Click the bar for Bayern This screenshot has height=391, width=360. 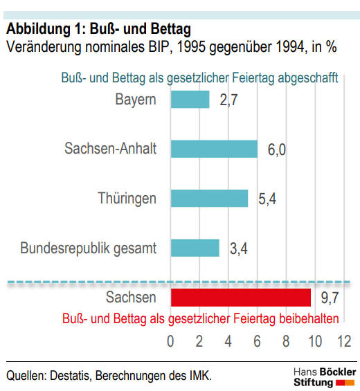(x=190, y=99)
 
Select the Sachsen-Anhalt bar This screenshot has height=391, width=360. (x=215, y=149)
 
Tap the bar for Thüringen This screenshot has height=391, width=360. (x=210, y=198)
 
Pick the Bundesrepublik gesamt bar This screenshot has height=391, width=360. (x=195, y=248)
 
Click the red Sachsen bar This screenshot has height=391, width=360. (x=241, y=298)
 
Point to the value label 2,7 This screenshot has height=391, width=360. (x=228, y=100)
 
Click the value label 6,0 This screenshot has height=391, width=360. (x=277, y=149)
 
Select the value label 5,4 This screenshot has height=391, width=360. (x=267, y=199)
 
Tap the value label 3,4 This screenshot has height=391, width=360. (x=239, y=248)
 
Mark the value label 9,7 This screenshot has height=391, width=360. (x=330, y=298)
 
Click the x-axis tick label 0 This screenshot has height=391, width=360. (x=170, y=341)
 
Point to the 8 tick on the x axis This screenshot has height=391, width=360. (x=286, y=341)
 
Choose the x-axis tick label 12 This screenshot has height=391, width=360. (x=344, y=341)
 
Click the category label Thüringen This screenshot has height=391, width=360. (x=127, y=199)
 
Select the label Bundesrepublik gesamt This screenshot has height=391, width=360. (x=89, y=248)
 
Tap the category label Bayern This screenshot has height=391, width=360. (x=136, y=100)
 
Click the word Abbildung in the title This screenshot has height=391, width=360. (x=38, y=29)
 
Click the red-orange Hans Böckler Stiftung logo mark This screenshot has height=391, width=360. (x=345, y=383)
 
